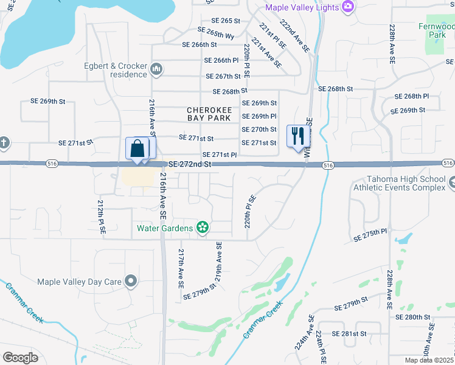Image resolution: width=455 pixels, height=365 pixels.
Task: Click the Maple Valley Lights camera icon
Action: pos(349,7)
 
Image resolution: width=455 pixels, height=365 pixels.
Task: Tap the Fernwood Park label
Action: pos(436,30)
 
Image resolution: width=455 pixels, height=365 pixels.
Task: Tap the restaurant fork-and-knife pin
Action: pos(297,137)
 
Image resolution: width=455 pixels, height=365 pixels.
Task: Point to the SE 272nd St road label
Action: pos(190,164)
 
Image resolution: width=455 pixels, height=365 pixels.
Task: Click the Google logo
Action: pos(20,357)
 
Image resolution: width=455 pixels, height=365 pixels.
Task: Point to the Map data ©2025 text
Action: pos(429,360)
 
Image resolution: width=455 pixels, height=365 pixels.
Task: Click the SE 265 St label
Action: pos(218,21)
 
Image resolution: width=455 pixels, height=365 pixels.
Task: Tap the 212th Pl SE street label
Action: pos(102,217)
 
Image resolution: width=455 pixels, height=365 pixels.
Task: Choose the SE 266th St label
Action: pos(200,44)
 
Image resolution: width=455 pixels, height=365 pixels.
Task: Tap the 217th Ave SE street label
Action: pos(181,268)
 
